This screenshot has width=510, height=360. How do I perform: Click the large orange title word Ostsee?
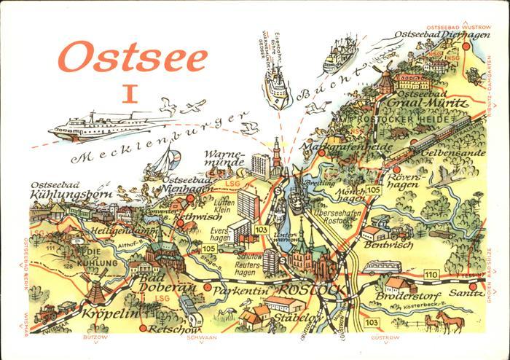coord(133,56)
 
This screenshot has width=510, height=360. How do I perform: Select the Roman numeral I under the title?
coord(130,94)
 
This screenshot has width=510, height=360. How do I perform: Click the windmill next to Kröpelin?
coord(93,287)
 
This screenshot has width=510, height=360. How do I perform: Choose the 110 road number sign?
coord(432,273)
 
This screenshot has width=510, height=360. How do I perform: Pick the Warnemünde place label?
coord(226,160)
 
